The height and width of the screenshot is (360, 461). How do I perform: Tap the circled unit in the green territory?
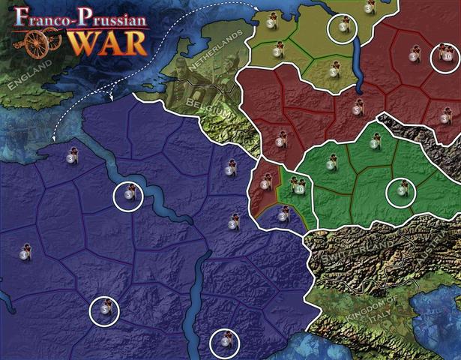[x=401, y=192]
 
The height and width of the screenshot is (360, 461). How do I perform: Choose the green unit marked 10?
[x=298, y=187]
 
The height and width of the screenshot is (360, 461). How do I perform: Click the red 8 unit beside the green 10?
[x=268, y=181]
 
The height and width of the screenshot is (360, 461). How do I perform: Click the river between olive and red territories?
[x=356, y=56]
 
